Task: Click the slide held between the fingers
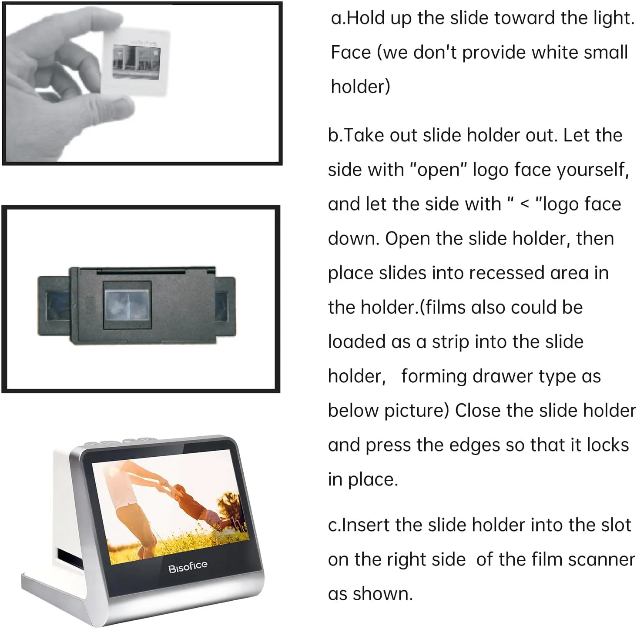(136, 61)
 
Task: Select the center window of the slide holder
(127, 305)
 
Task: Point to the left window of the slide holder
(57, 306)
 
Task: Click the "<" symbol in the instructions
(525, 204)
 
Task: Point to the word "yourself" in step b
(593, 171)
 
